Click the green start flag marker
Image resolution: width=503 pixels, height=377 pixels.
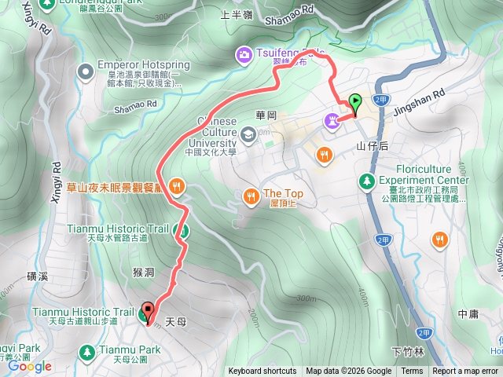click(355, 102)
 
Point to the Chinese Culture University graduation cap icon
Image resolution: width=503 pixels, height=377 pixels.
click(248, 135)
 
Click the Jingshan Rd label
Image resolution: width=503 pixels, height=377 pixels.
click(428, 92)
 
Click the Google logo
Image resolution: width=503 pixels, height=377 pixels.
click(30, 366)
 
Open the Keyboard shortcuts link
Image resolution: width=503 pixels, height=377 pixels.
click(263, 372)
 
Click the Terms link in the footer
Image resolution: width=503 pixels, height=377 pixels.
click(412, 372)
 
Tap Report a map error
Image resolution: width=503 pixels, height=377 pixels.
click(465, 372)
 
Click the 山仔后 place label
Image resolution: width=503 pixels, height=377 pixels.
click(373, 146)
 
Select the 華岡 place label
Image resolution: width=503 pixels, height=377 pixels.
click(267, 115)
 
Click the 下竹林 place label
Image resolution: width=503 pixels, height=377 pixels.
click(407, 350)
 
